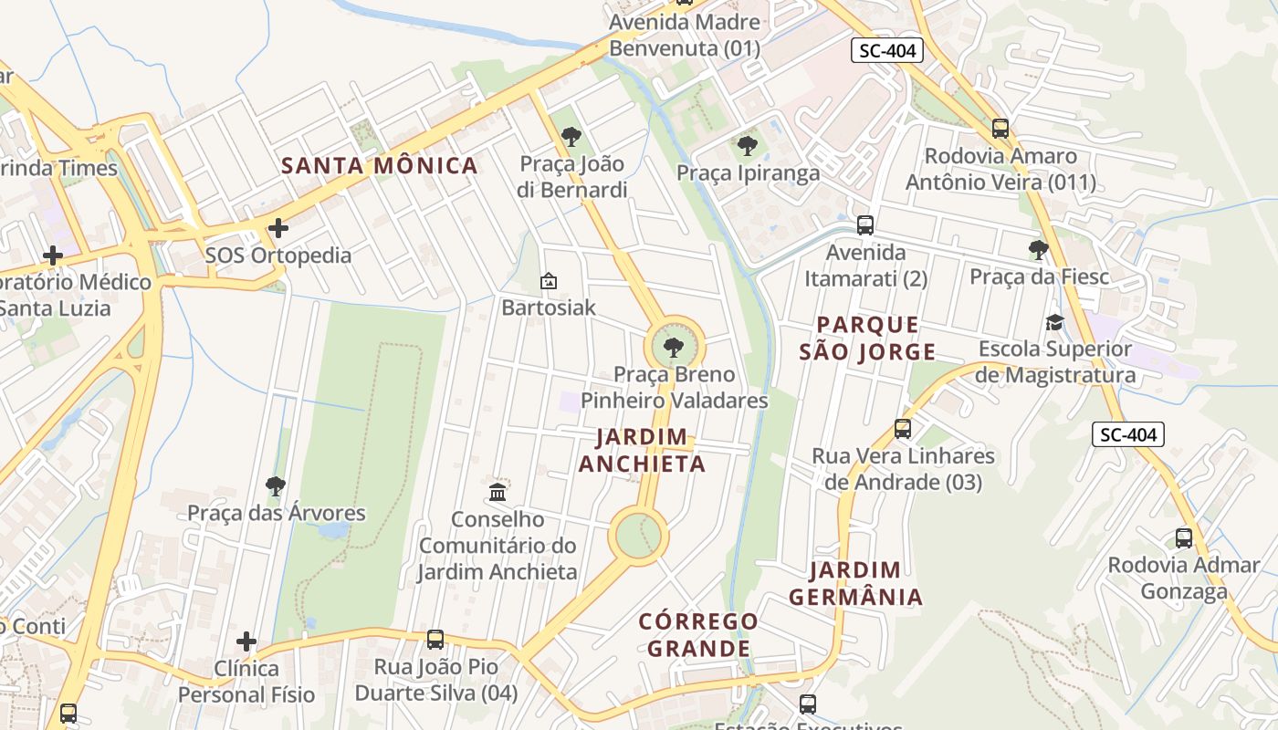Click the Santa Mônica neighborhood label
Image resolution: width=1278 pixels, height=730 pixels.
click(x=379, y=165)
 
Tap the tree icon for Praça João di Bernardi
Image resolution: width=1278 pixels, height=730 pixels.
click(x=571, y=137)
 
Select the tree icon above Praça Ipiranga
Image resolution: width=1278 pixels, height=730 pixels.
click(x=747, y=145)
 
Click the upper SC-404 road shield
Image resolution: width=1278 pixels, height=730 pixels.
click(x=886, y=51)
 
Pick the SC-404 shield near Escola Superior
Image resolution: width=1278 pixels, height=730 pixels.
click(x=1128, y=434)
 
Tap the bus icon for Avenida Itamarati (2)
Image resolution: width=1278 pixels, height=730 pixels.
click(x=864, y=224)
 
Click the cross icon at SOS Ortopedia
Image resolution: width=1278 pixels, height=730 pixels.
click(x=278, y=227)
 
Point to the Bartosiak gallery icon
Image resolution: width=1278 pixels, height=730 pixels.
click(x=549, y=281)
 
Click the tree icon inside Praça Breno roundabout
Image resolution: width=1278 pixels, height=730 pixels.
click(x=674, y=347)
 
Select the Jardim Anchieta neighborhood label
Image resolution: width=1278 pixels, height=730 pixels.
click(x=642, y=451)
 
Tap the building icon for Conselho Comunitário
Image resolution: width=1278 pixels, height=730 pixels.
click(x=498, y=492)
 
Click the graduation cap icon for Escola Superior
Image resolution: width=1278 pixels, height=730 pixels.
click(x=1054, y=322)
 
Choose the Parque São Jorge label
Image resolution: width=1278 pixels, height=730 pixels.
click(x=867, y=338)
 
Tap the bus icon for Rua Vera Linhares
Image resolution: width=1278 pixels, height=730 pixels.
click(x=903, y=428)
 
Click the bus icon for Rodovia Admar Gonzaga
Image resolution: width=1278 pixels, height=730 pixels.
click(x=1183, y=537)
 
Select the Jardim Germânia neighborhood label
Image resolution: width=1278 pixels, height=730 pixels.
click(x=855, y=583)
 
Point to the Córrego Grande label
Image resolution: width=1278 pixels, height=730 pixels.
click(x=698, y=634)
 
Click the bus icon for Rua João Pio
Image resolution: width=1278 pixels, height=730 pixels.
click(x=435, y=639)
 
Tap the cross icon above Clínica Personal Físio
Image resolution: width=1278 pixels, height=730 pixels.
click(x=246, y=641)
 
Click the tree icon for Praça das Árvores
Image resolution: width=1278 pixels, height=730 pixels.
click(x=276, y=485)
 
